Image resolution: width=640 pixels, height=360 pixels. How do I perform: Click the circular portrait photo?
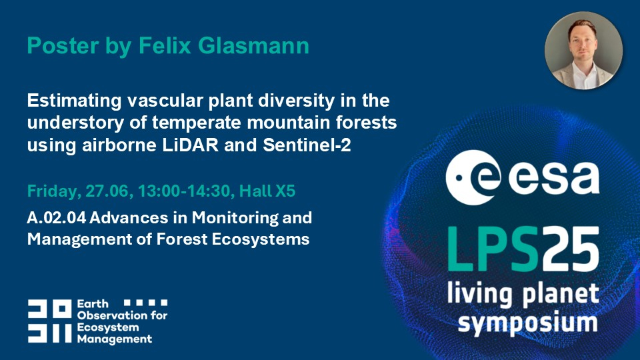tap(584, 51)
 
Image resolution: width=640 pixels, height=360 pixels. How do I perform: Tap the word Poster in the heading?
tap(63, 45)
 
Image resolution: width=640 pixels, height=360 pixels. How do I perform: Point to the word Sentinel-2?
tap(307, 145)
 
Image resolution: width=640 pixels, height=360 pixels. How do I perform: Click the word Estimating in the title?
tap(74, 101)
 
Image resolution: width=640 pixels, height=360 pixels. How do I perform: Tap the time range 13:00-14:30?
tap(186, 191)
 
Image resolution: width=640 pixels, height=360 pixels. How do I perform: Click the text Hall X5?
tap(267, 191)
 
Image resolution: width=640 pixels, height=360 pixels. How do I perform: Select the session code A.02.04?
tap(56, 218)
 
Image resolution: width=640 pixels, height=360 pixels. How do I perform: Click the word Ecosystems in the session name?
tap(261, 239)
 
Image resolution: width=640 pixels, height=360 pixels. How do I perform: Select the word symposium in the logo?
tap(528, 323)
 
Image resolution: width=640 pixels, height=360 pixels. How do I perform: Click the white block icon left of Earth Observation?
tap(49, 321)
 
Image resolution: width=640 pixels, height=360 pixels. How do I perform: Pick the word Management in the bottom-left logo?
tap(115, 339)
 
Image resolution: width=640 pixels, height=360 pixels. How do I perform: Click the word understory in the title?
tap(75, 123)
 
